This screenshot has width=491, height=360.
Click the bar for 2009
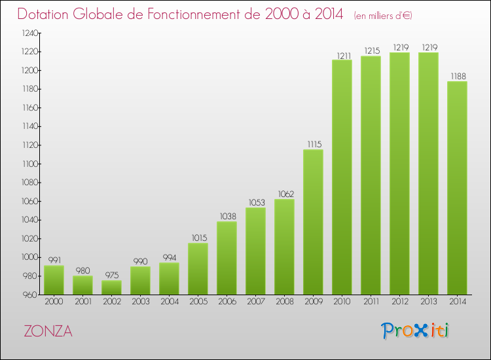[313, 222]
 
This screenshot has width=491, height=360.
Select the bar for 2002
[111, 287]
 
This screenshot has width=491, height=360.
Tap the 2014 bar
[457, 188]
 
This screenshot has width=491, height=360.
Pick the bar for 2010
[342, 177]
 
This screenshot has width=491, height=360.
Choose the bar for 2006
[227, 258]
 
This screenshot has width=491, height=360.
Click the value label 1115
[313, 145]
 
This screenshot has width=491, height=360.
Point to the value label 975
[111, 276]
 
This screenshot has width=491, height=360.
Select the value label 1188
[457, 77]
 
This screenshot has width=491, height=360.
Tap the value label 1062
[284, 194]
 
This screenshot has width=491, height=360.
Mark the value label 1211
[342, 55]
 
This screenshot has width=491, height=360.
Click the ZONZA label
[48, 331]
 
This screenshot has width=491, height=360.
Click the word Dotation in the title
[46, 14]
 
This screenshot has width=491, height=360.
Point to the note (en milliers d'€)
[383, 15]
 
